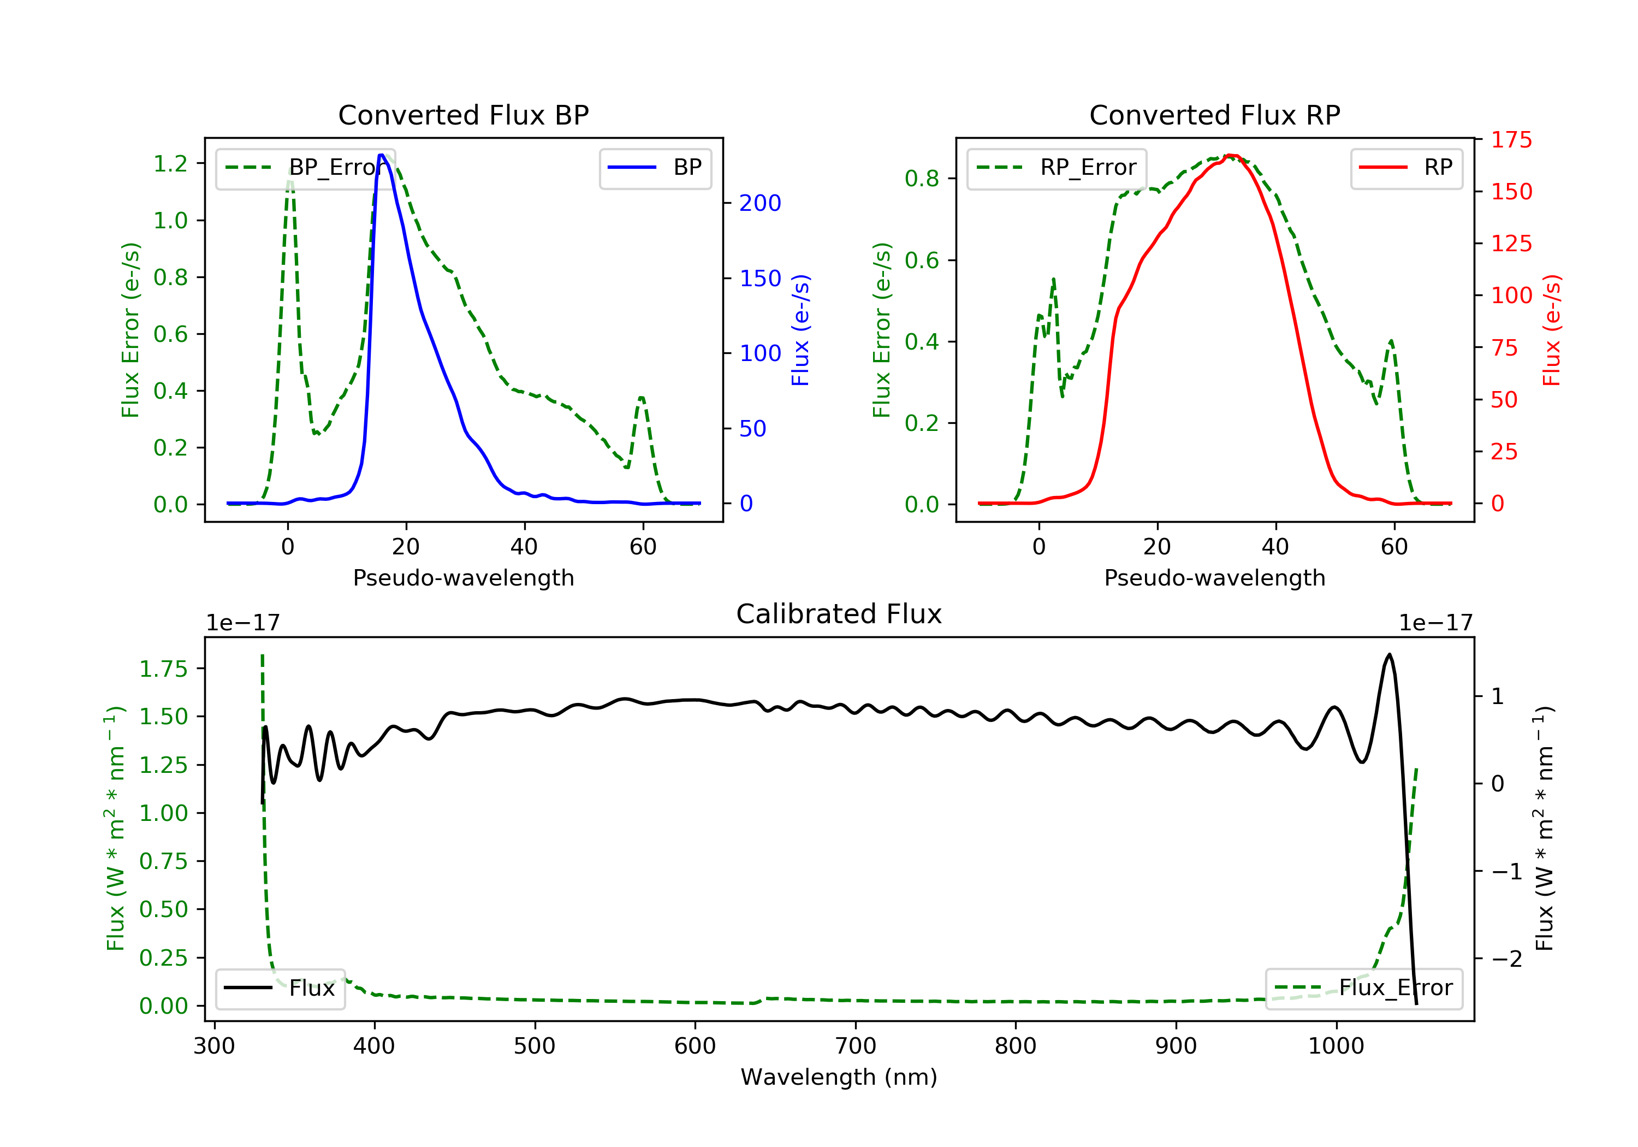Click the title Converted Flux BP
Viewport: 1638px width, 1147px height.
coord(463,115)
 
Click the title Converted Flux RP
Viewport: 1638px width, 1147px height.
coord(1214,115)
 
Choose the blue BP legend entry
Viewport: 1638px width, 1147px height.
coord(655,168)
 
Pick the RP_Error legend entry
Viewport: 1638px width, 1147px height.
coord(1057,168)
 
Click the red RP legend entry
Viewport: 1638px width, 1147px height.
coord(1406,168)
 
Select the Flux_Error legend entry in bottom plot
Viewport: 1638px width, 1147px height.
coord(1363,988)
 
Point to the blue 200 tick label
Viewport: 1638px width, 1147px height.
coord(760,203)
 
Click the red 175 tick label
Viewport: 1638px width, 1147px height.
coord(1511,140)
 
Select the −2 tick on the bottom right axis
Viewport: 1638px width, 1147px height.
coord(1507,959)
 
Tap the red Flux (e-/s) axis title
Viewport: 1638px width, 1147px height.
coord(1551,330)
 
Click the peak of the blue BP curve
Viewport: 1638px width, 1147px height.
coord(382,155)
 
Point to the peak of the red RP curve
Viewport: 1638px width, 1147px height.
coord(1231,156)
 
